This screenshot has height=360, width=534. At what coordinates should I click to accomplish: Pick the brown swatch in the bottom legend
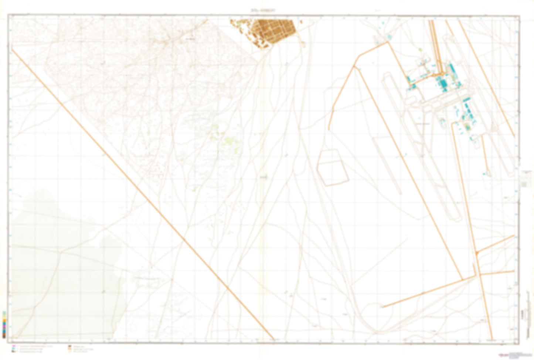coord(70,347)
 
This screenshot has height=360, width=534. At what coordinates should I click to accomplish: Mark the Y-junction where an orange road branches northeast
coord(477,253)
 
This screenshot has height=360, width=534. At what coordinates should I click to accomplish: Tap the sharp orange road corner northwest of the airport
coord(388,43)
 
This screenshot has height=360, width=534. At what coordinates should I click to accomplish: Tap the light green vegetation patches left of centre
coord(222,137)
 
